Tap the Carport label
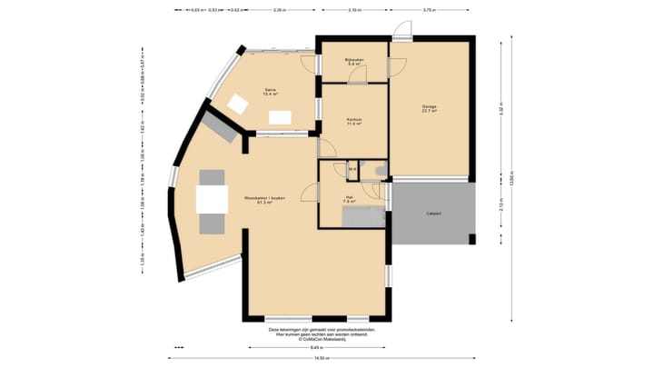(434, 214)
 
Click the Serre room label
(270, 91)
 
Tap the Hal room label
(350, 198)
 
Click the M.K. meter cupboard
(352, 169)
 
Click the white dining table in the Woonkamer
(213, 199)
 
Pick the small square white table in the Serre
(237, 104)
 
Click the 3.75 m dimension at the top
(428, 10)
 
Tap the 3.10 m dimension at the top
(353, 10)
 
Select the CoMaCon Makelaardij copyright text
(322, 339)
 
